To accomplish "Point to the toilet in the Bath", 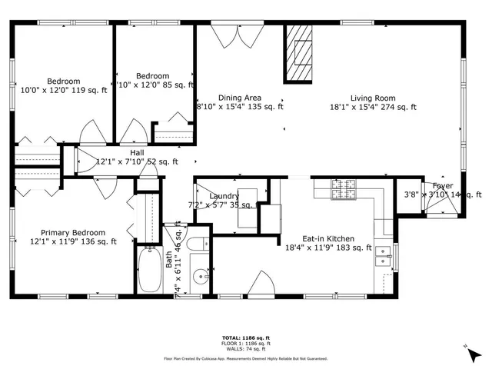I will pos(195,244).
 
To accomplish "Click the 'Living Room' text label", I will pos(373,98).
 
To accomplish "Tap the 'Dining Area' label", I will pos(240,98).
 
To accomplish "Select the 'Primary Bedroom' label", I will pos(73,232).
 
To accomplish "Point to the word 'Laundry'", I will pos(224,196).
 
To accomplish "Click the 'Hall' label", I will pos(115,152).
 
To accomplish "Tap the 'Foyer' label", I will pos(442,186).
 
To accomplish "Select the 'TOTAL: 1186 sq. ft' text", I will pos(245,337).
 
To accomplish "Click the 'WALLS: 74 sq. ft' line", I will pos(245,348).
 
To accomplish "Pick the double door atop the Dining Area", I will pos(229,36).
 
